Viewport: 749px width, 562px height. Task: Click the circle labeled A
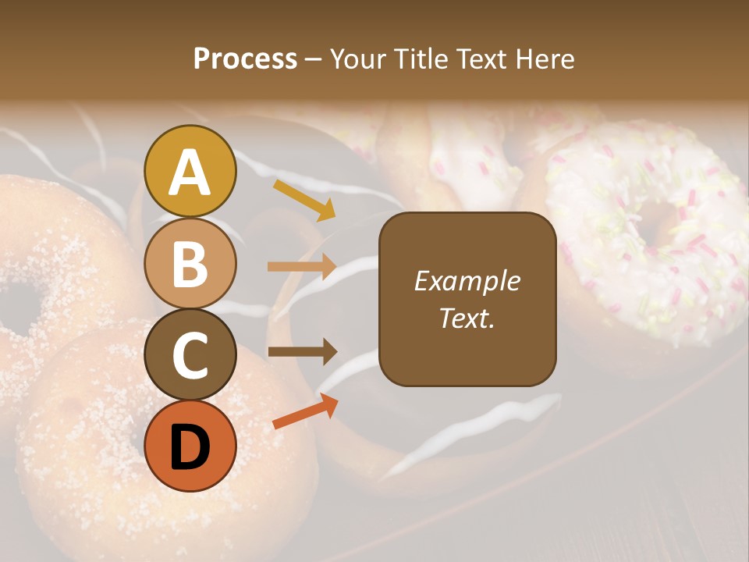pos(190,172)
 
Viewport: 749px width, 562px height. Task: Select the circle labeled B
pos(190,264)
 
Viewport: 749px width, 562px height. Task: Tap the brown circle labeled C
pos(190,354)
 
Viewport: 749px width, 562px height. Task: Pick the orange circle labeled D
pos(190,446)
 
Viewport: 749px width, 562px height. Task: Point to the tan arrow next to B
pos(302,267)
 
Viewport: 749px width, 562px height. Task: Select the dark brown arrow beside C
pos(302,352)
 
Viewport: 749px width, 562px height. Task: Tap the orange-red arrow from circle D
pos(305,411)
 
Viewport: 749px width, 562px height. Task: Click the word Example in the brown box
pos(467,282)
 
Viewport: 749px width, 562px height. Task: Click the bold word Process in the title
pos(245,59)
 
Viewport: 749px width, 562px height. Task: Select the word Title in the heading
pos(416,59)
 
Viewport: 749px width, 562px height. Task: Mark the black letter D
pos(190,447)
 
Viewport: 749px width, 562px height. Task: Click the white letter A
pos(190,173)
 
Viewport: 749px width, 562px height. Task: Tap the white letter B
pos(190,264)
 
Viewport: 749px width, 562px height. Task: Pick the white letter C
pos(190,355)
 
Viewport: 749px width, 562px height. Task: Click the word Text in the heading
pos(476,59)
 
